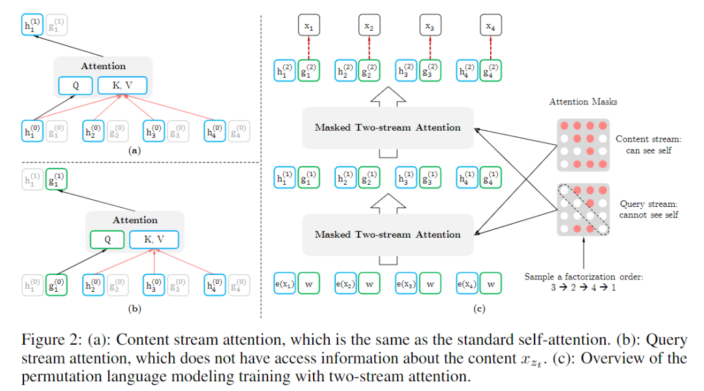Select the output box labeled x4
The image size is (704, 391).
pos(490,27)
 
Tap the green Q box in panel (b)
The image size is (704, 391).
pos(108,240)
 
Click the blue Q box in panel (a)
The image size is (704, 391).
pos(76,86)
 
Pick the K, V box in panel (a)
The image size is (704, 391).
pos(123,86)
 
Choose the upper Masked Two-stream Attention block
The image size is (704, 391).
pos(388,127)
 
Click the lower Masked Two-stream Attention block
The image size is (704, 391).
pos(388,234)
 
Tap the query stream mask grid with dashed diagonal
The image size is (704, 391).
pos(583,209)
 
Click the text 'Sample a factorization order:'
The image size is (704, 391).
pos(583,277)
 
